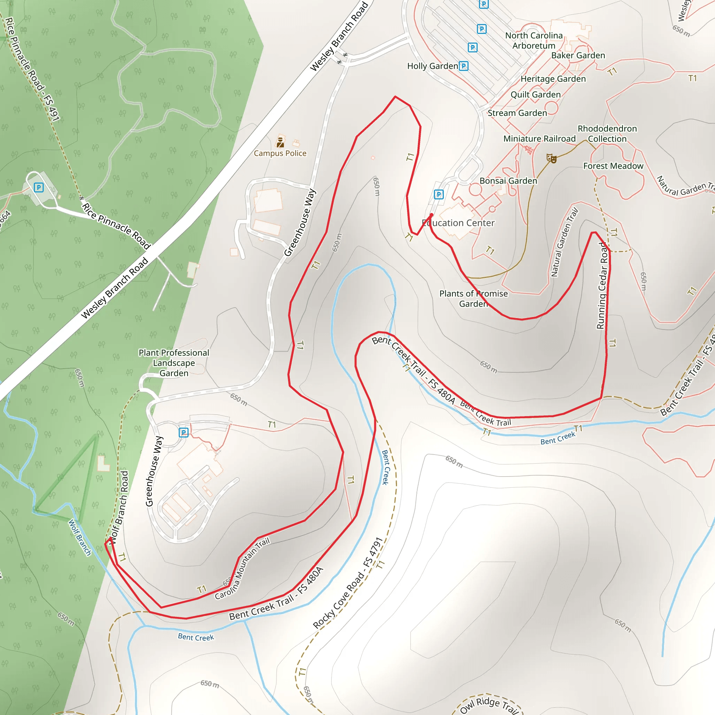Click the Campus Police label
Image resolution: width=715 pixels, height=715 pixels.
(x=280, y=153)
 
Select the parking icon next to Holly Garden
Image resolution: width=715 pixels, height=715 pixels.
(x=463, y=66)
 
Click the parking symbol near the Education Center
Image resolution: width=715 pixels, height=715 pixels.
(x=438, y=194)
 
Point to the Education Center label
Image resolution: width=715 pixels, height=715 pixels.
(x=458, y=223)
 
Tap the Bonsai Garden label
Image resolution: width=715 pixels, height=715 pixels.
(x=508, y=180)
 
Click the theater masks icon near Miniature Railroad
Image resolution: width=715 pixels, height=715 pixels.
(x=551, y=159)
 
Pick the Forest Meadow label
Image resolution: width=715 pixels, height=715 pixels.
(x=613, y=166)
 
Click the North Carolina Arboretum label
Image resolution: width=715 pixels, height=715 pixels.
(x=534, y=40)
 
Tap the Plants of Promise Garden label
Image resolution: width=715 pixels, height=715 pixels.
(x=473, y=298)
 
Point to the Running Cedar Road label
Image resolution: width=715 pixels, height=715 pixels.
(x=602, y=285)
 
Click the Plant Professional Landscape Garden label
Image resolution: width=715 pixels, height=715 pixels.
(x=174, y=363)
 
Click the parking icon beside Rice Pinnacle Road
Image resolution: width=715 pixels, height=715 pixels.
(x=38, y=187)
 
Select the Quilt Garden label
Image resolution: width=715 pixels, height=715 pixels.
(x=536, y=94)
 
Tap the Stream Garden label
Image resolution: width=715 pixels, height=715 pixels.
(x=517, y=113)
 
